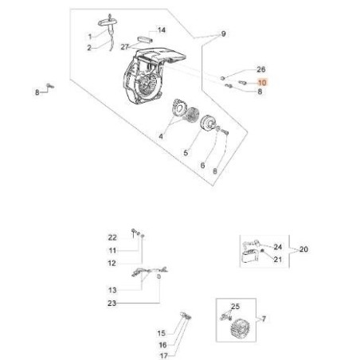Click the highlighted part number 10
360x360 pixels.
[x=262, y=83]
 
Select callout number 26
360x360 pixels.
[x=261, y=69]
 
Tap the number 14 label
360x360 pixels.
[x=162, y=30]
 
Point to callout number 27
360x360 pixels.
[x=125, y=47]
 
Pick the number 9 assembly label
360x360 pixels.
[x=223, y=34]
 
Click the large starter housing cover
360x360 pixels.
[x=151, y=76]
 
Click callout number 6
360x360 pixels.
[x=202, y=166]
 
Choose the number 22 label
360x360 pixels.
[x=112, y=237]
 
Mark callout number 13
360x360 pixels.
[x=112, y=290]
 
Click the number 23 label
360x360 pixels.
[x=112, y=303]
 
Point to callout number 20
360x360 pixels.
[x=303, y=249]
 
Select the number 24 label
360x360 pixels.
[x=278, y=247]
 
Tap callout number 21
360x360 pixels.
[x=278, y=259]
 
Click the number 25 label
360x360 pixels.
[x=235, y=307]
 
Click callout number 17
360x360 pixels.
[x=164, y=355]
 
